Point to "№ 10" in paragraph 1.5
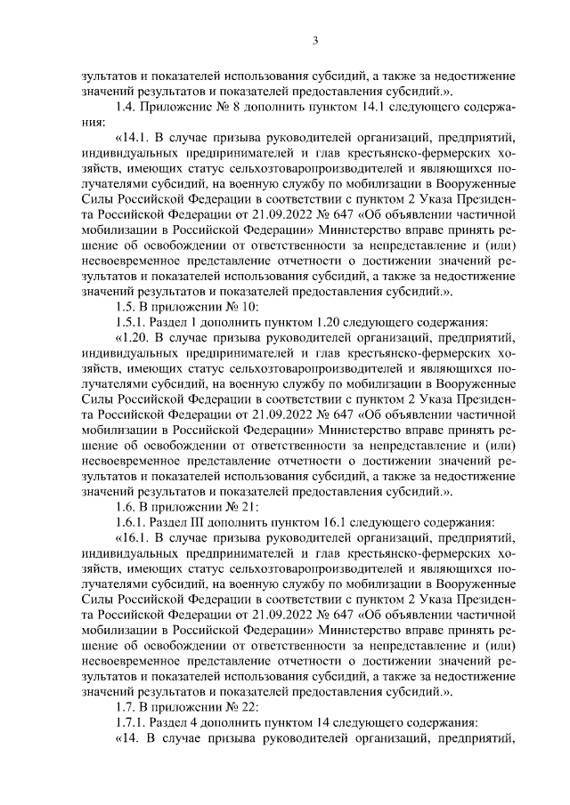(219, 306)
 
